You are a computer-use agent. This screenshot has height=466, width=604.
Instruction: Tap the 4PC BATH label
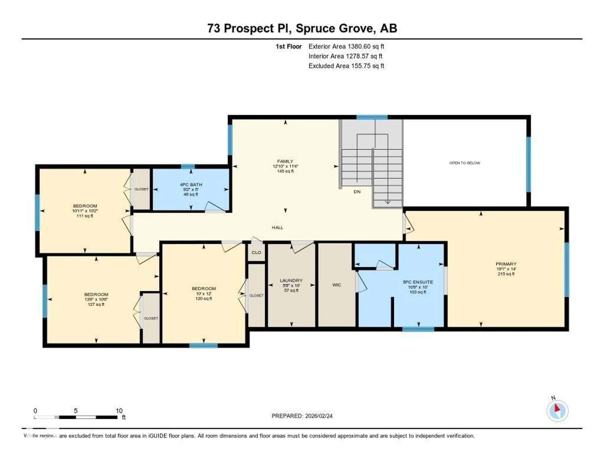[x=191, y=184]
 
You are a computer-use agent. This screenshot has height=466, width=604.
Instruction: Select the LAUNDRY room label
[x=291, y=280]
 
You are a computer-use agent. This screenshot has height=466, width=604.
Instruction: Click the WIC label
[x=337, y=285]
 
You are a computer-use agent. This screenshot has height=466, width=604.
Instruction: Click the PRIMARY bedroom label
[x=506, y=264]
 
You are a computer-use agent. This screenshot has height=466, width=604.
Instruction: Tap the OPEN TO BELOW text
[x=465, y=163]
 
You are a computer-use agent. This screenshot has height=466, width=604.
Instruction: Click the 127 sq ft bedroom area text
[x=96, y=304]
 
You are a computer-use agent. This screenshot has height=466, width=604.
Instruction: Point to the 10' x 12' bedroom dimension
[x=204, y=294]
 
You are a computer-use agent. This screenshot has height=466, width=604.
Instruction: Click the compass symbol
[x=557, y=411]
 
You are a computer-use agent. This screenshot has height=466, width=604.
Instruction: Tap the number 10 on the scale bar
[x=119, y=411]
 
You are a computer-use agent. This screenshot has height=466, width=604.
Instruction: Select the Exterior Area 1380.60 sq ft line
[x=346, y=46]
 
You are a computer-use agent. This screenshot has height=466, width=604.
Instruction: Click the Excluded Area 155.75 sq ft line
[x=346, y=66]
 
